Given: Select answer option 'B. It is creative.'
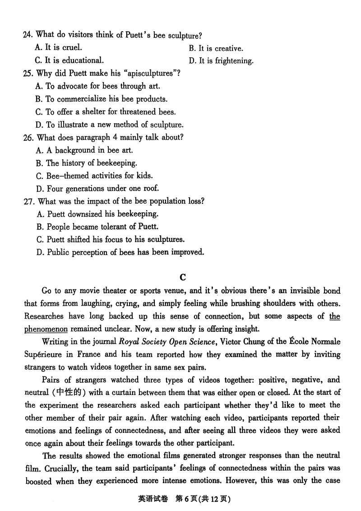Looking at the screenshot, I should (216, 48).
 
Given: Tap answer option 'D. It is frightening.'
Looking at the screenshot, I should (221, 61).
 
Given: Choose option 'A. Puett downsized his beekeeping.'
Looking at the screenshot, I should (97, 214).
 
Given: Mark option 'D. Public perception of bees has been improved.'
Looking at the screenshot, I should (120, 252).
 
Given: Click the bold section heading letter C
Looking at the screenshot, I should (182, 277).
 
